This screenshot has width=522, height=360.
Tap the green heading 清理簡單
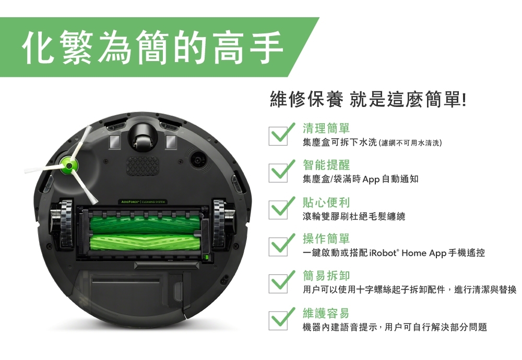point(326,128)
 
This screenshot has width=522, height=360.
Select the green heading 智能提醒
point(326,165)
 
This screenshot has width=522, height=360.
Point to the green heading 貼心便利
point(326,202)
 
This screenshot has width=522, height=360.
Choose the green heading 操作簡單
point(326,239)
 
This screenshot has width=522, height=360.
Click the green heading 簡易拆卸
point(326,276)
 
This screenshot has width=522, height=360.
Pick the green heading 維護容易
point(326,314)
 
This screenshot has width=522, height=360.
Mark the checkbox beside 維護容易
point(278,320)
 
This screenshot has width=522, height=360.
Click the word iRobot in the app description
point(383,253)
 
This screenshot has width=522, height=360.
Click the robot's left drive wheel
point(66,223)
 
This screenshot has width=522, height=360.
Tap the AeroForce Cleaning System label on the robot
point(142,202)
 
